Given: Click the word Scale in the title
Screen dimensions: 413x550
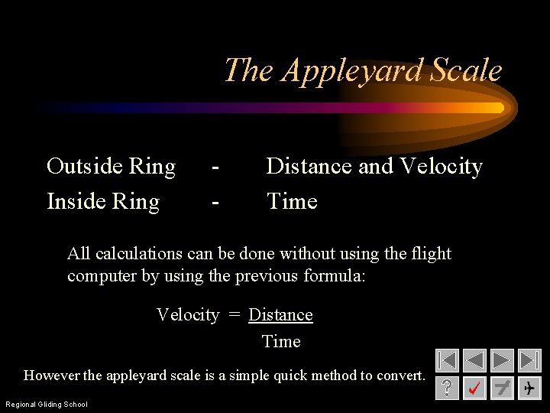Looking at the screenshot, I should (466, 70).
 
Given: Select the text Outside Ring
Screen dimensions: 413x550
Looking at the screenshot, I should (111, 166).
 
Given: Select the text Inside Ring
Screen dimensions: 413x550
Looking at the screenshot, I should (103, 201).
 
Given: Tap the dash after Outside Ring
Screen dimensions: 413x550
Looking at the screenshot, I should (217, 167).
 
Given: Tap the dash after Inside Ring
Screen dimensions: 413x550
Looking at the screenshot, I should (217, 202).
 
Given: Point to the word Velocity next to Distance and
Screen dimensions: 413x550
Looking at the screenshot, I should (442, 166).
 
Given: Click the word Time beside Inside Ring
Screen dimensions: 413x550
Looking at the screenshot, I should (291, 201).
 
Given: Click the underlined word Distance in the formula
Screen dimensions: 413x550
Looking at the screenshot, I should (280, 315).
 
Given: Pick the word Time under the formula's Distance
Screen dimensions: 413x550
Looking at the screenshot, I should (281, 342).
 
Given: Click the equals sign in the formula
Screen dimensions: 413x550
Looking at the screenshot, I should (234, 315).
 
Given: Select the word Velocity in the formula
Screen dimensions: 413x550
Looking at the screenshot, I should (187, 315).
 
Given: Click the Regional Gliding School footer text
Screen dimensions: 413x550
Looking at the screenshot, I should (47, 404).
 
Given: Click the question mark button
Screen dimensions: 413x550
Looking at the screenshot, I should (448, 389).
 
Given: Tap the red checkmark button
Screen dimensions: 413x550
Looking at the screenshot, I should (474, 389).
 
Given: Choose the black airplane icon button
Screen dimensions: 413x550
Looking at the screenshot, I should (529, 389).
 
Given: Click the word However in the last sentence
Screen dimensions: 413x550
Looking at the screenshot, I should (51, 376).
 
